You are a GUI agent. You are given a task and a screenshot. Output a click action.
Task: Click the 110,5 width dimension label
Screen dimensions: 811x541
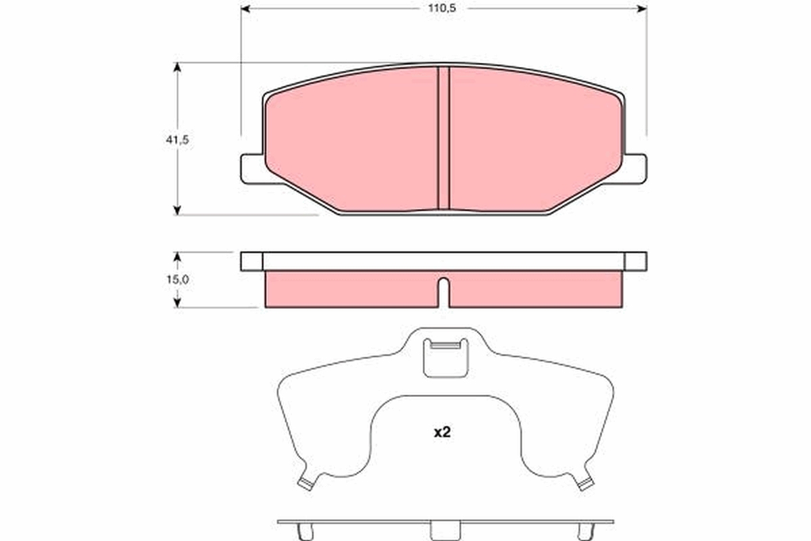click(x=442, y=8)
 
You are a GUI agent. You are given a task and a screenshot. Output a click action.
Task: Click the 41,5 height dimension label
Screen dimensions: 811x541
click(x=177, y=140)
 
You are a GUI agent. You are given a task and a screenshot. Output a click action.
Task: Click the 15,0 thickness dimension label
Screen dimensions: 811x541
click(x=177, y=279)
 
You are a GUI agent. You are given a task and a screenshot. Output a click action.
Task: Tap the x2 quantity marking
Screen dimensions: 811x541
click(x=442, y=432)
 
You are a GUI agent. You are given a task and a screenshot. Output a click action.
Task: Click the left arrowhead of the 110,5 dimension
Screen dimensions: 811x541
click(x=245, y=9)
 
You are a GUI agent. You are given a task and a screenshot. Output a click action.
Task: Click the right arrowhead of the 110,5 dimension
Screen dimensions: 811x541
click(x=642, y=9)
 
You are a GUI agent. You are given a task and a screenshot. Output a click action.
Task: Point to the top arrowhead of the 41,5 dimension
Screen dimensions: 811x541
click(x=177, y=68)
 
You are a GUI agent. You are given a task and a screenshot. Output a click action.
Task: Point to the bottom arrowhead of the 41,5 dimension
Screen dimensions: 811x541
click(x=177, y=210)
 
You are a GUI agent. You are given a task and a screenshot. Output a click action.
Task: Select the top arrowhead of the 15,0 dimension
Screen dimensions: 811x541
click(x=177, y=256)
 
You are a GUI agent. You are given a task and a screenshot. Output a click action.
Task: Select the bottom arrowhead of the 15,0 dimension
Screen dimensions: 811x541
click(x=177, y=303)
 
